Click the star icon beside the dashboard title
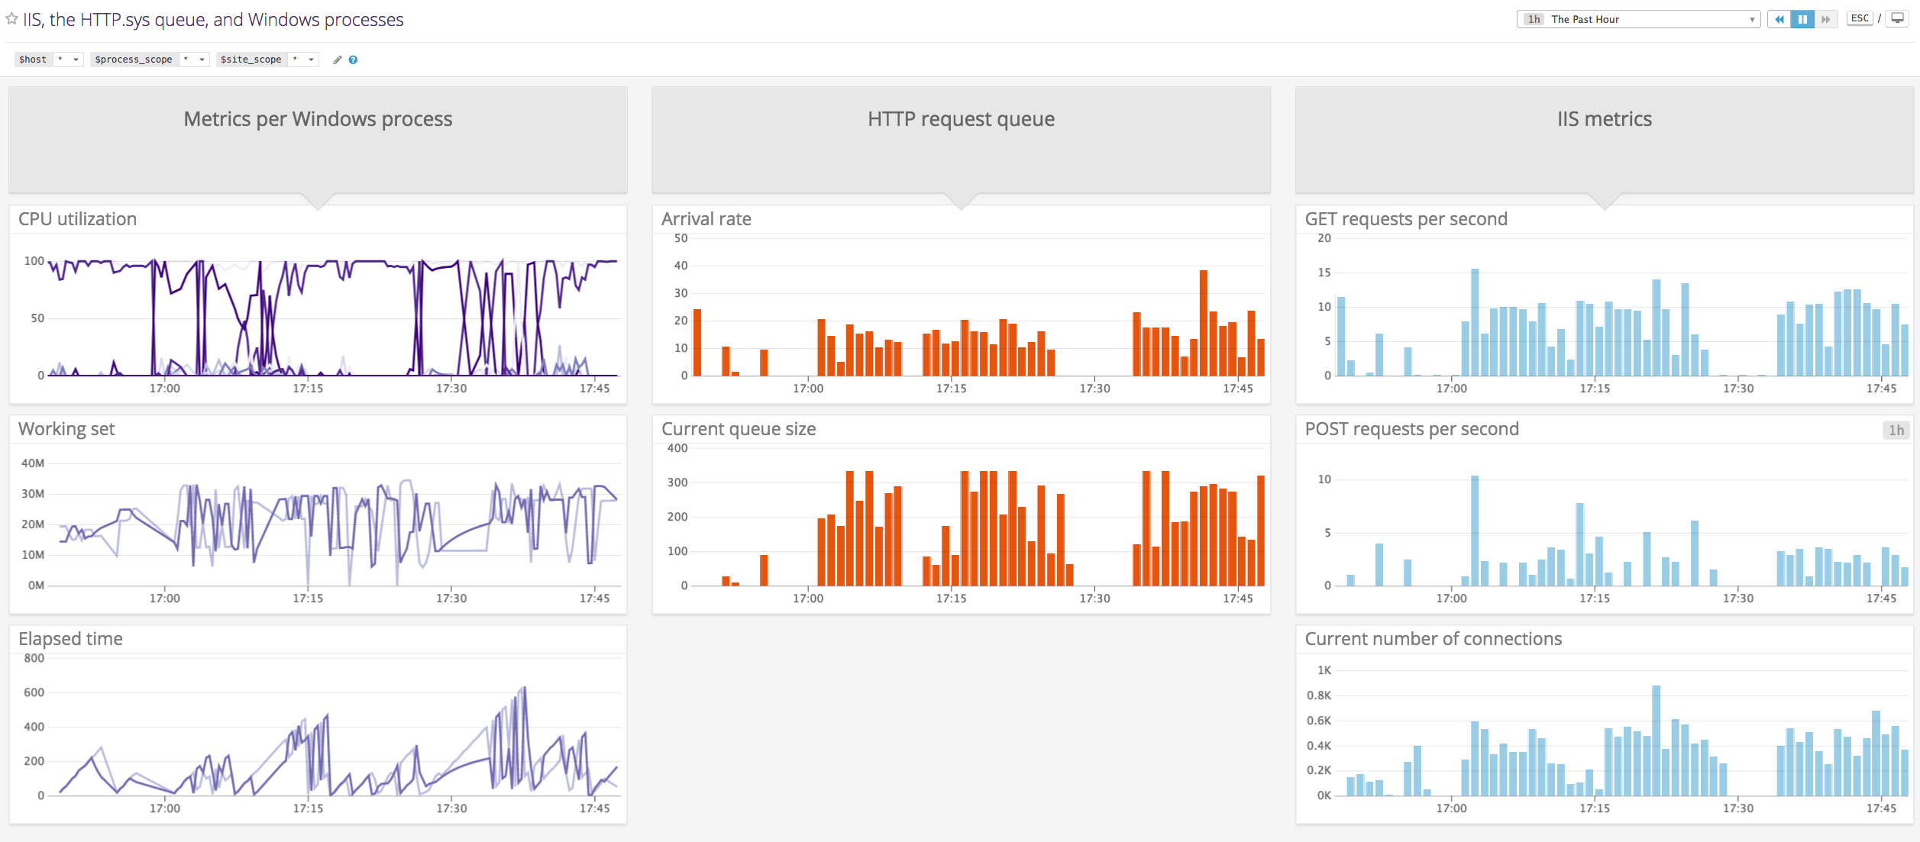pyautogui.click(x=11, y=18)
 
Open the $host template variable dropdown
pyautogui.click(x=76, y=60)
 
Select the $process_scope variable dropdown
pyautogui.click(x=202, y=60)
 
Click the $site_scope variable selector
pyautogui.click(x=311, y=60)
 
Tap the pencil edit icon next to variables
pyautogui.click(x=338, y=60)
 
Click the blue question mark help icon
pyautogui.click(x=353, y=60)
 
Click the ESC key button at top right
pyautogui.click(x=1860, y=18)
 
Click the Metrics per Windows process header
pyautogui.click(x=318, y=119)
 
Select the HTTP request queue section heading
pyautogui.click(x=961, y=119)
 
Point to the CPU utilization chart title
pyautogui.click(x=77, y=219)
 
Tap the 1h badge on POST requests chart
pyautogui.click(x=1896, y=430)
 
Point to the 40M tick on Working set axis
pyautogui.click(x=33, y=463)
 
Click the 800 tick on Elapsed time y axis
pyautogui.click(x=34, y=658)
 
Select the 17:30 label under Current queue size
pyautogui.click(x=1094, y=598)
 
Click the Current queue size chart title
pyautogui.click(x=739, y=429)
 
